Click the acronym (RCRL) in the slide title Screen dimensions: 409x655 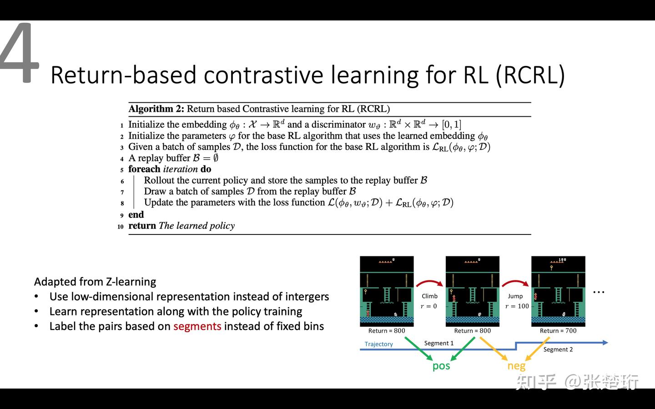(x=530, y=75)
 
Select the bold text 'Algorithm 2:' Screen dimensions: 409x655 (x=156, y=109)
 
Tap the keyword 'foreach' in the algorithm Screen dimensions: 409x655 (x=144, y=169)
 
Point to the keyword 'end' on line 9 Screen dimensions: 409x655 (x=136, y=214)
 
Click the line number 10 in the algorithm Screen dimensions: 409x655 (x=121, y=226)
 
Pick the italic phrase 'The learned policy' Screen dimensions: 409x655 (x=196, y=226)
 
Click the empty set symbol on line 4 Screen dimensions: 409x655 (x=216, y=158)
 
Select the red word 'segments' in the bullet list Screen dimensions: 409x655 (x=197, y=326)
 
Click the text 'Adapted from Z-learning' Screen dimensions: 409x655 (x=95, y=282)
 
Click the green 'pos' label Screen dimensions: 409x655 (x=441, y=366)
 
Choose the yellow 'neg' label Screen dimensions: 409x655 (x=516, y=366)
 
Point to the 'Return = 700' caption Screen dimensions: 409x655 (x=558, y=331)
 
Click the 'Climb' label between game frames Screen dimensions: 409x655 (x=429, y=296)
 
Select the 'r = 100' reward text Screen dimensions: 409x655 (x=517, y=306)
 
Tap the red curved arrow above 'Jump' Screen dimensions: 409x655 (x=515, y=283)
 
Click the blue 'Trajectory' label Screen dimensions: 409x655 (x=378, y=344)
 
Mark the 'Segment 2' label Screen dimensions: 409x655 (x=558, y=349)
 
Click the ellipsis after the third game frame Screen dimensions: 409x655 (x=599, y=292)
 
